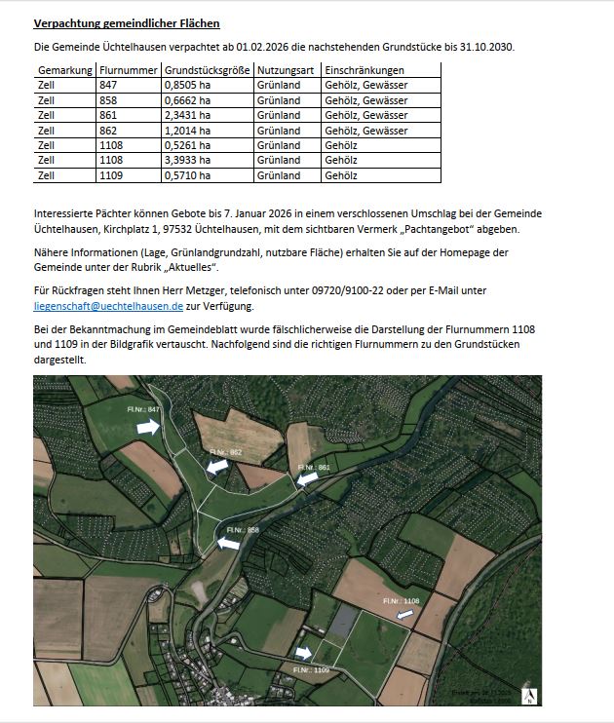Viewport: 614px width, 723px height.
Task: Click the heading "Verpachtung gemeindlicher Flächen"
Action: (127, 23)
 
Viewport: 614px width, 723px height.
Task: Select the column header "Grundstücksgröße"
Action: (207, 70)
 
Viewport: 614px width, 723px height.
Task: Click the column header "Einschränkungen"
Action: (365, 70)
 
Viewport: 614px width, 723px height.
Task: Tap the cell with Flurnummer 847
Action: (108, 86)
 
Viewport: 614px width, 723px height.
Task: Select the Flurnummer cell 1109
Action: (111, 175)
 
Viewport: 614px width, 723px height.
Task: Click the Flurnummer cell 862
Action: (108, 131)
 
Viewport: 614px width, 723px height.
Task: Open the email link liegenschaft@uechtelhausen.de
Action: (108, 305)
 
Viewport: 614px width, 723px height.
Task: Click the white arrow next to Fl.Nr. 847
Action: (147, 427)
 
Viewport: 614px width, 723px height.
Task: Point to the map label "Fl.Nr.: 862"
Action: (225, 453)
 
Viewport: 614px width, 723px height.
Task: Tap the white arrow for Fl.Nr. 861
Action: (307, 478)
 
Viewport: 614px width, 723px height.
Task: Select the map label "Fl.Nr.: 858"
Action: (242, 530)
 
